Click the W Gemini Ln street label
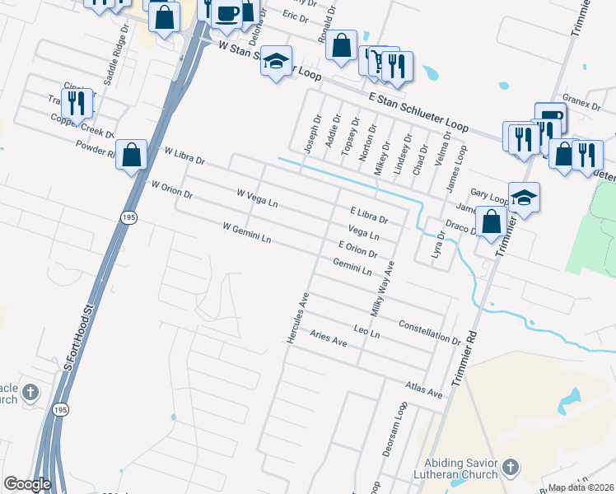(x=247, y=233)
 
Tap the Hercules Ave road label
(x=296, y=318)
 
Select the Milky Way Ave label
(x=383, y=289)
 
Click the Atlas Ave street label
(x=424, y=389)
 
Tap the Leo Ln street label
(x=366, y=333)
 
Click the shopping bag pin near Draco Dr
(x=491, y=222)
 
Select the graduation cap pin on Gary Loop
(x=524, y=198)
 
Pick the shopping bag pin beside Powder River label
(x=131, y=154)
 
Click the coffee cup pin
(x=226, y=14)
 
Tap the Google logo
(x=27, y=485)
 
